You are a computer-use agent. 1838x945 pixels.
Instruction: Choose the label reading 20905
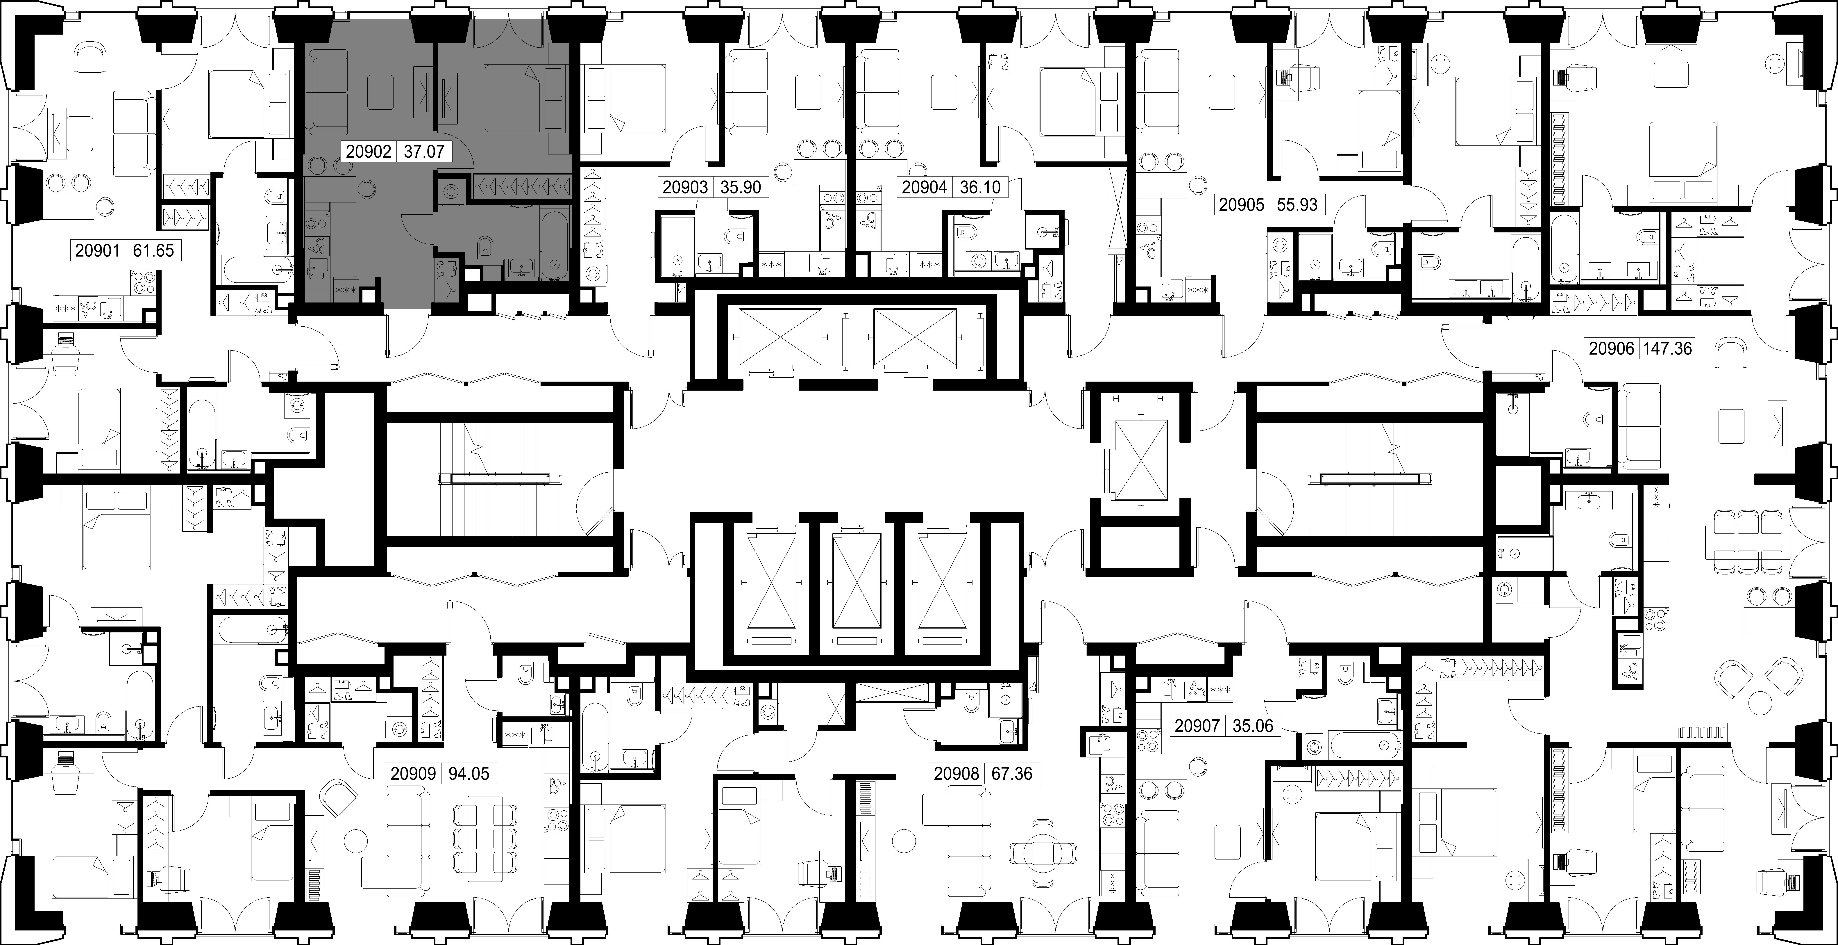tap(1241, 205)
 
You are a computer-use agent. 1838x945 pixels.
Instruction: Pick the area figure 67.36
tap(1012, 774)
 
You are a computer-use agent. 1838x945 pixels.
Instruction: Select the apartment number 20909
tap(413, 774)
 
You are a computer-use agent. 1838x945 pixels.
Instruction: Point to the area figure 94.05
tap(468, 774)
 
